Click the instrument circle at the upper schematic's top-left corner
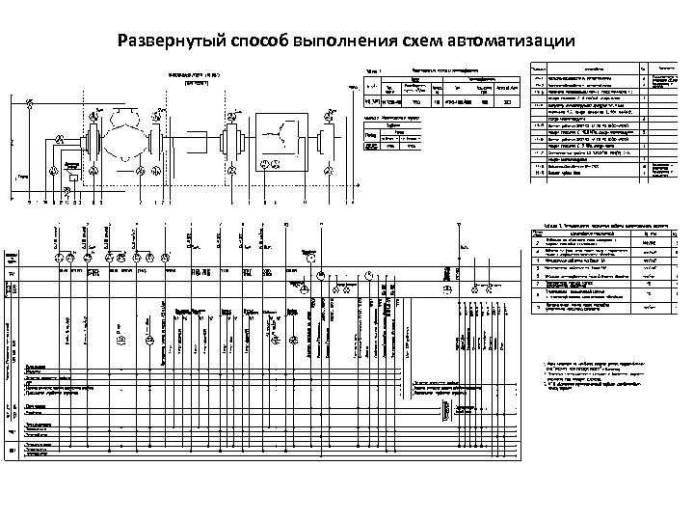click(x=33, y=103)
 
